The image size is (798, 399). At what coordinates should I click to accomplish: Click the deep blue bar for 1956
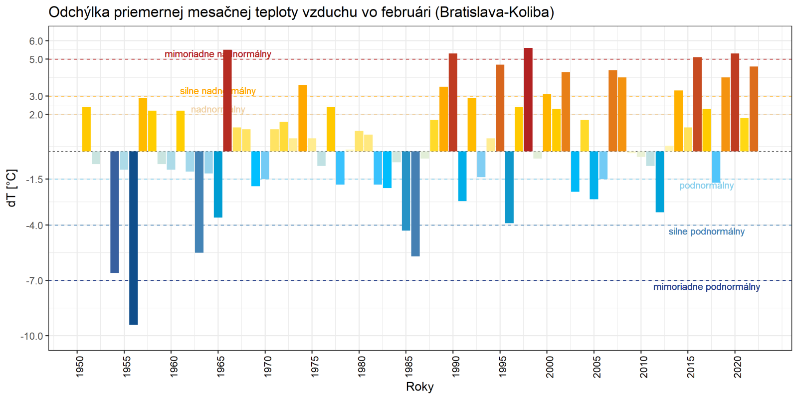(x=133, y=237)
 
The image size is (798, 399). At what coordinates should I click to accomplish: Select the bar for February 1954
(x=115, y=212)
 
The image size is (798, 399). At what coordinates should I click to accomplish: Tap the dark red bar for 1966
(x=227, y=100)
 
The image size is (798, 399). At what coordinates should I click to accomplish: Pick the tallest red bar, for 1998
(x=528, y=99)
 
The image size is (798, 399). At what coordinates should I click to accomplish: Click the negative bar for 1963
(x=199, y=202)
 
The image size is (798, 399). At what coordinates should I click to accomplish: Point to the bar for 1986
(x=415, y=203)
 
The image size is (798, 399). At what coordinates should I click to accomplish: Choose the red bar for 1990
(x=453, y=102)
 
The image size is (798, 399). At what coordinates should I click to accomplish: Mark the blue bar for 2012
(x=660, y=182)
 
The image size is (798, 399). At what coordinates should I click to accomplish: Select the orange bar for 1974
(x=303, y=118)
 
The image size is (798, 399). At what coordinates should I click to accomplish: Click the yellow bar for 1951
(x=86, y=129)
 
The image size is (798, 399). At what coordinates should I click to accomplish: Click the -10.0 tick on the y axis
(x=31, y=336)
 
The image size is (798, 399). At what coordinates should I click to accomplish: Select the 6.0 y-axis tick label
(x=36, y=41)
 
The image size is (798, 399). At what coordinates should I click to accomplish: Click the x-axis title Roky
(x=420, y=387)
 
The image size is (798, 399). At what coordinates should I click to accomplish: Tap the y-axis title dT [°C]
(x=12, y=188)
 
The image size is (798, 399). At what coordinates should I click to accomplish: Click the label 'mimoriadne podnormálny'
(x=706, y=287)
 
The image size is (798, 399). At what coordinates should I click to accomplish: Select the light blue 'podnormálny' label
(x=706, y=186)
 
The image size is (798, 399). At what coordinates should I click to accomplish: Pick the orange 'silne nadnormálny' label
(x=217, y=91)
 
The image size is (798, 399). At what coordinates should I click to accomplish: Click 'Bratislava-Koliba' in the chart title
(x=494, y=12)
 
